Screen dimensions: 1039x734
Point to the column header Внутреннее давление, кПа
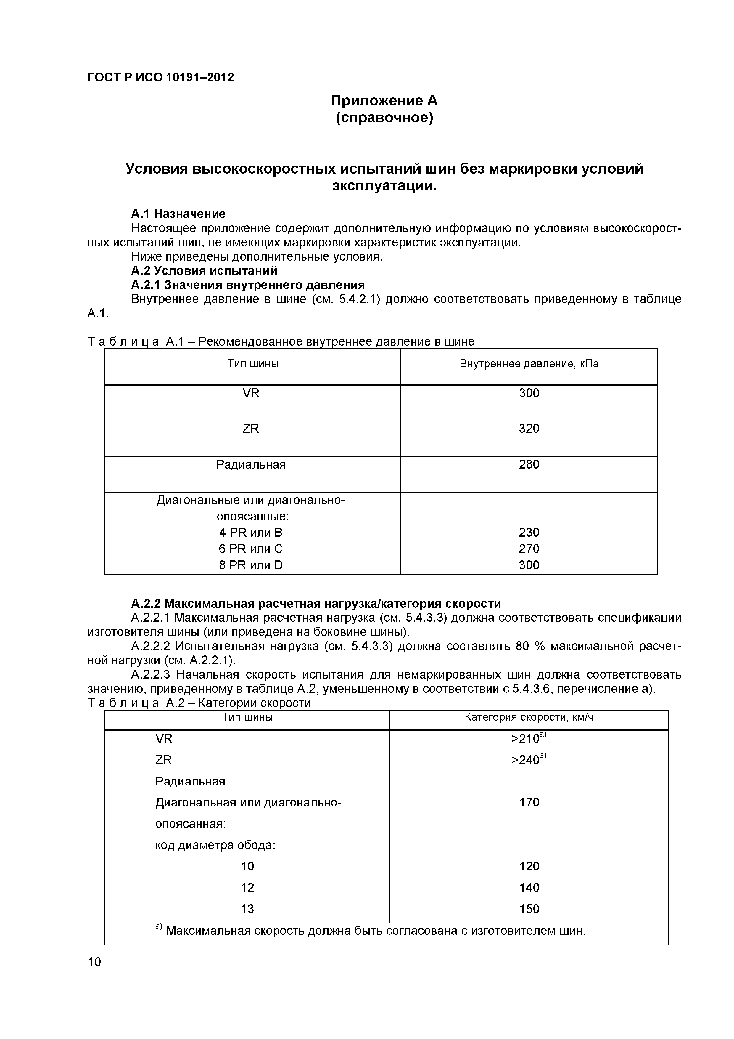click(529, 364)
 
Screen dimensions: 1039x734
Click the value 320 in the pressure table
click(529, 429)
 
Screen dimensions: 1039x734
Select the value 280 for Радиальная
click(529, 464)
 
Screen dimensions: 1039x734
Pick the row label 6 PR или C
click(251, 549)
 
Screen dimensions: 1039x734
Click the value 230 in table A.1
click(529, 533)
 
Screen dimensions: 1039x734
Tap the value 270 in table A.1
click(529, 549)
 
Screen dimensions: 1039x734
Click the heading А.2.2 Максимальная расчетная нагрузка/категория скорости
click(316, 604)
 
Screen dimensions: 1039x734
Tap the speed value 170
click(529, 802)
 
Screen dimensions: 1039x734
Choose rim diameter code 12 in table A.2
click(247, 887)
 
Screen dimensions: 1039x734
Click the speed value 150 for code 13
click(529, 909)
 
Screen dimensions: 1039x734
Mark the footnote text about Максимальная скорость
click(375, 931)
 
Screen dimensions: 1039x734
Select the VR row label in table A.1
click(251, 393)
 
